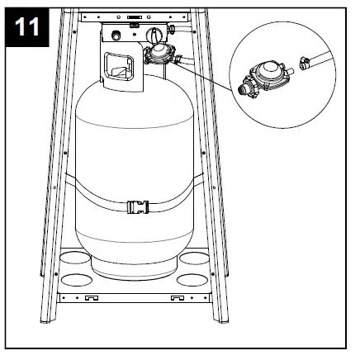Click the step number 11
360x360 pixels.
29,27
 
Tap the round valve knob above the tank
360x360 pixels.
154,34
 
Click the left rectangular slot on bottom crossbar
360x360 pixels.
92,295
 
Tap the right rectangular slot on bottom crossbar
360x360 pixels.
177,295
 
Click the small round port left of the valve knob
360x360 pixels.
116,35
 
